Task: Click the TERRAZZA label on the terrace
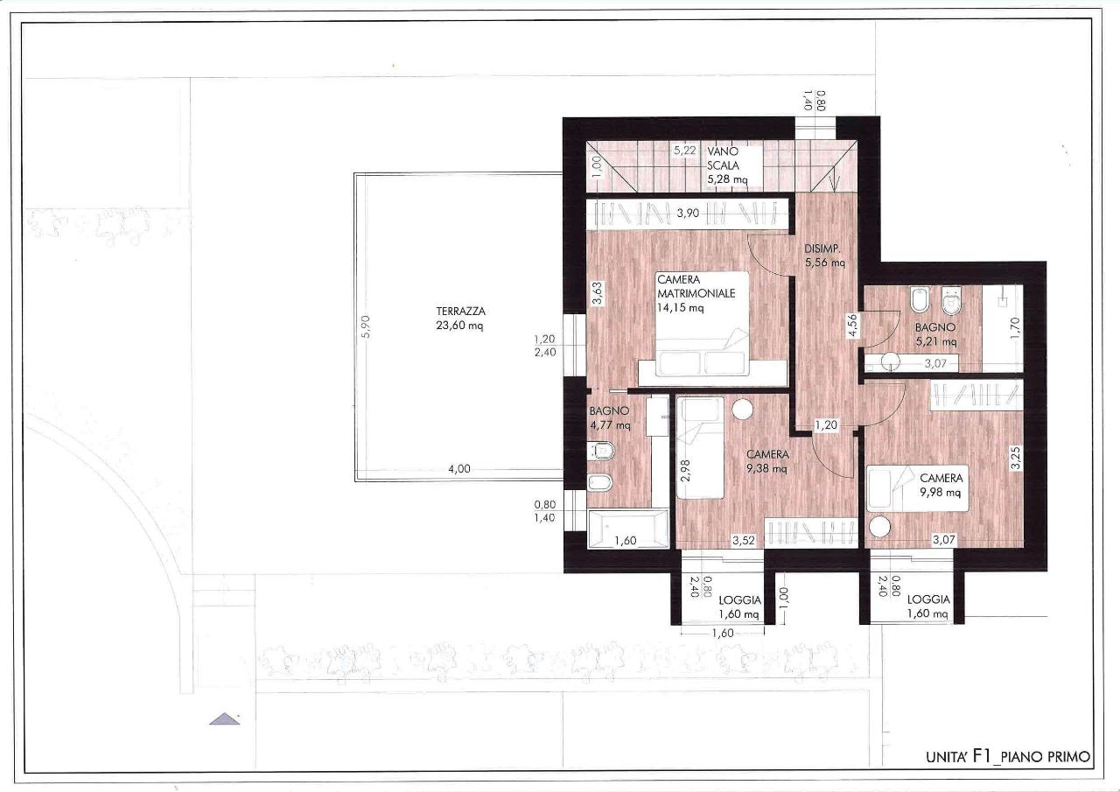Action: pos(460,311)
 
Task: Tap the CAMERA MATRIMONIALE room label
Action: pos(696,286)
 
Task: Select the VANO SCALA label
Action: pos(723,158)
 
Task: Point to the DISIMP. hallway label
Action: pos(822,249)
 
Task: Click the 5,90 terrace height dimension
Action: pos(366,326)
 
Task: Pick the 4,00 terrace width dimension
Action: pos(459,469)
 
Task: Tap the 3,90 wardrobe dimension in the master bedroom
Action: pos(688,213)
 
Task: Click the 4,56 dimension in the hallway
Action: pos(851,326)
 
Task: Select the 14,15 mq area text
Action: pos(680,307)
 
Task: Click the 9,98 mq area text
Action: pos(940,492)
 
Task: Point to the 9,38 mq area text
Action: pos(766,468)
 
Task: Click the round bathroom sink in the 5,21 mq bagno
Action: pos(891,361)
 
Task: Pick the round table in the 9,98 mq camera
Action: pos(879,527)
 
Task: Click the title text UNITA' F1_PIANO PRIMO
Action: pos(1008,756)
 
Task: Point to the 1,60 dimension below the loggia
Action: pos(723,634)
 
